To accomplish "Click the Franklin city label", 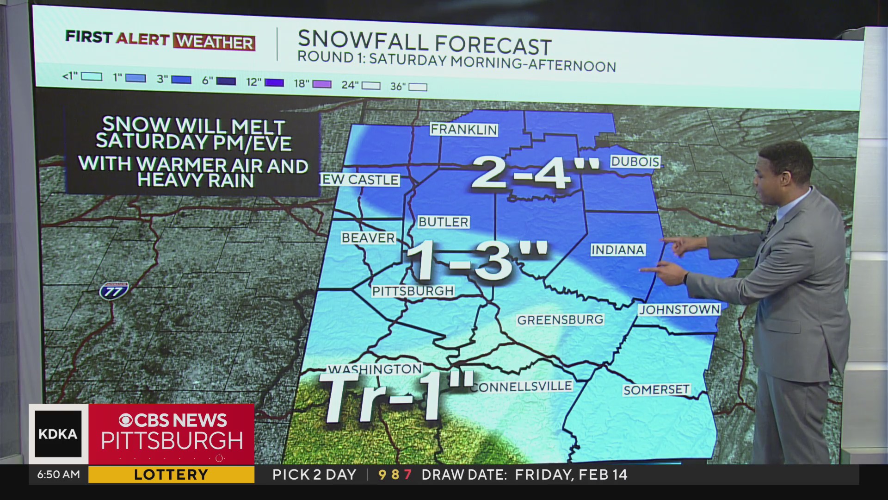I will (464, 130).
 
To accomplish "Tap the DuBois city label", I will (635, 162).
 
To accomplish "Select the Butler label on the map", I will (444, 222).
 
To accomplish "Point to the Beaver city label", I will (369, 238).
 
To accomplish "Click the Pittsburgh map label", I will (413, 291).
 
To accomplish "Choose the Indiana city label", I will (618, 250).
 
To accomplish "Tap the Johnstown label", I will (679, 310).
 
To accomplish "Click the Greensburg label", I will (560, 320).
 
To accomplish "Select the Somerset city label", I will (656, 390).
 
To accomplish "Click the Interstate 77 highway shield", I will (114, 291).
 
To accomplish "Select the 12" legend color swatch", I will (274, 82).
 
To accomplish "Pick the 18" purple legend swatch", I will (322, 84).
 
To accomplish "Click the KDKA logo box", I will (58, 434).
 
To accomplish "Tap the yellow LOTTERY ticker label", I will (171, 475).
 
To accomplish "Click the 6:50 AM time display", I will (59, 475).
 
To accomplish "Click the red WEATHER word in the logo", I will (215, 42).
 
